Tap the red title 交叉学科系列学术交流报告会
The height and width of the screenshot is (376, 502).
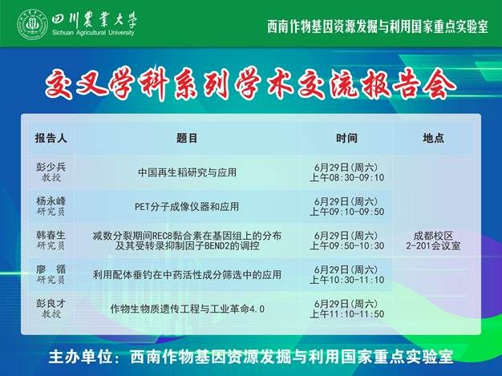(251, 83)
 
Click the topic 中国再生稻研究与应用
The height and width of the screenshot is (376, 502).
(187, 172)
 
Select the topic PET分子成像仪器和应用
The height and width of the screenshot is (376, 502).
(187, 206)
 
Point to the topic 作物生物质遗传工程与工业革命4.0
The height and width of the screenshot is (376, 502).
(187, 309)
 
